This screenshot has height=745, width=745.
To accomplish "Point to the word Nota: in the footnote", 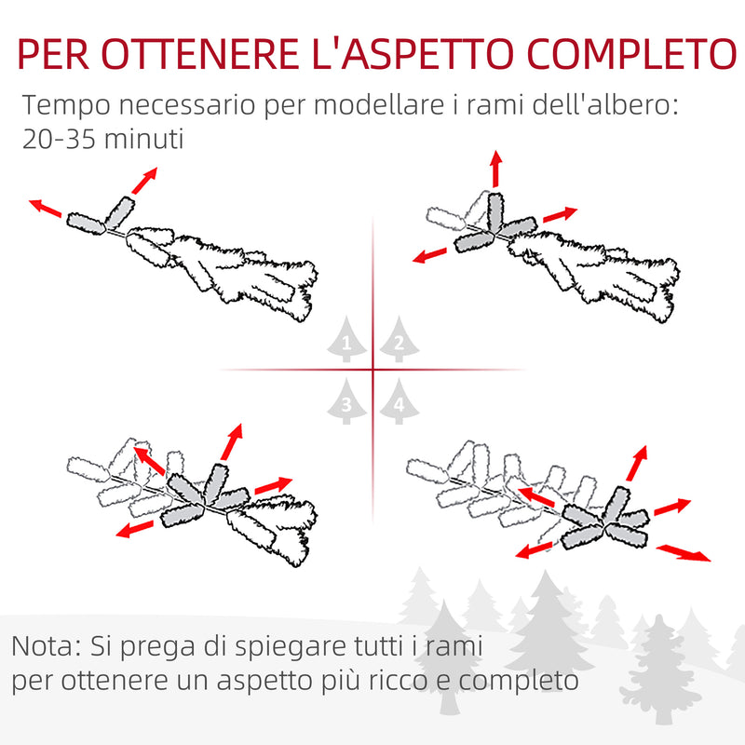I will pos(47,644).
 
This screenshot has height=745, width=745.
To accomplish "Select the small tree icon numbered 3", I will pos(346,403).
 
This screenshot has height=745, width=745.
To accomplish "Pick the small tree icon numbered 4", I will pos(398,403).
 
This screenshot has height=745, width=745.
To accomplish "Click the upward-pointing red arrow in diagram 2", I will pos(495,168).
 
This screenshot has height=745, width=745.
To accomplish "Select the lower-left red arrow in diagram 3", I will pos(136,529).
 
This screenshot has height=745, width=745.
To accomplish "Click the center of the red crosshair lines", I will pos(372,371).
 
